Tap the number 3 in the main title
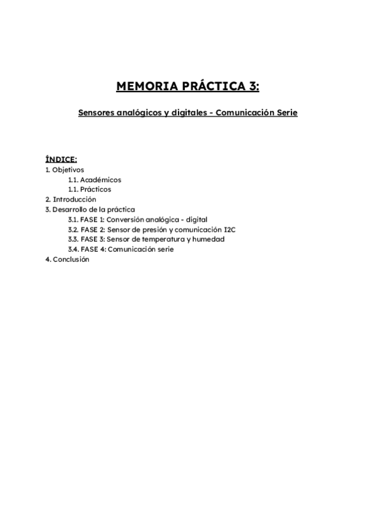pos(253,86)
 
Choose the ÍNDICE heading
pos(61,160)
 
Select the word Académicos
pos(101,180)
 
